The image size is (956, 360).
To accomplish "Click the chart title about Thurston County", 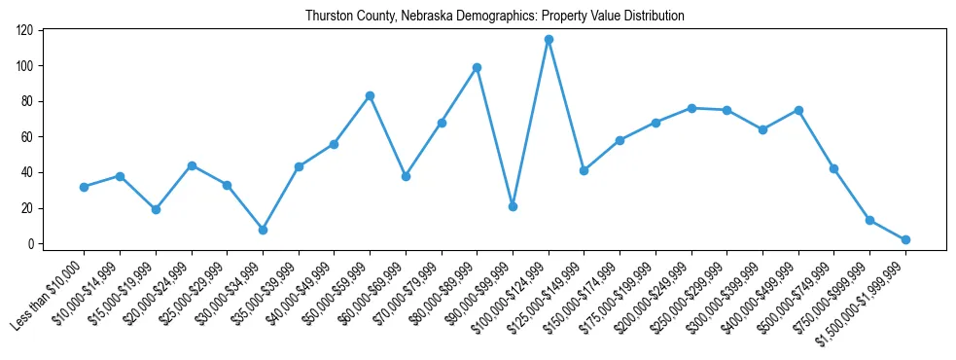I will point(494,17).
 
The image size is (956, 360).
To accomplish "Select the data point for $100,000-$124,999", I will point(549,40).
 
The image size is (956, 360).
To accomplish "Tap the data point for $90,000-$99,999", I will point(513,206).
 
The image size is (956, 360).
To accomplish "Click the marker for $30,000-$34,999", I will point(263,230).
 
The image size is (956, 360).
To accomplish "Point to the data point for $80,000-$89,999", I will point(477,68).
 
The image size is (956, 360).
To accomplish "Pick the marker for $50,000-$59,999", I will point(370,96).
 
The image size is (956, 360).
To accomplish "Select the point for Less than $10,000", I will point(84,187).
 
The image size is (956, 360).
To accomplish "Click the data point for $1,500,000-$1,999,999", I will point(905,239).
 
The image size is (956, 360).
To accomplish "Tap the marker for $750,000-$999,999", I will point(869,220).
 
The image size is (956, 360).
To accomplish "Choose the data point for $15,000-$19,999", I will point(156,209).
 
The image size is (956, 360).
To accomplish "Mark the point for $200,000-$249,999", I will point(691,108).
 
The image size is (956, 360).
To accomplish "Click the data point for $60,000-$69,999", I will point(406,176).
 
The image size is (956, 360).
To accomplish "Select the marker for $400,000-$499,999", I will point(798,110).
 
